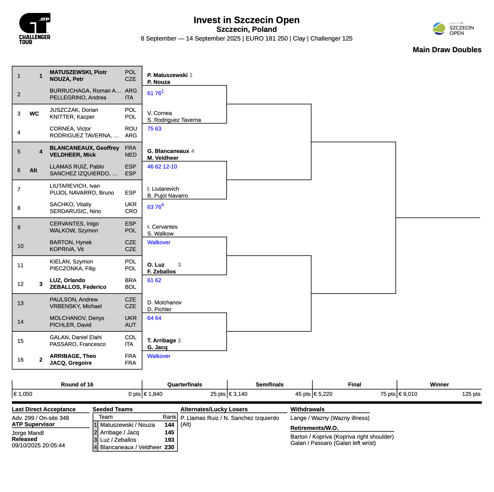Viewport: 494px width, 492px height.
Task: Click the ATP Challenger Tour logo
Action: (x=35, y=29)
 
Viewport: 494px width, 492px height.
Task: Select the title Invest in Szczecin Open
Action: (x=246, y=20)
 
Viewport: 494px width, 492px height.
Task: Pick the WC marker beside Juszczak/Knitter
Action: (x=34, y=114)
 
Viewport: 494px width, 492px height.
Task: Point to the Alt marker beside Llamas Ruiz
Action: (x=33, y=170)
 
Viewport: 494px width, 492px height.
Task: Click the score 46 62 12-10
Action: (x=162, y=167)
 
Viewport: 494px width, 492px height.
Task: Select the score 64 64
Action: (x=154, y=318)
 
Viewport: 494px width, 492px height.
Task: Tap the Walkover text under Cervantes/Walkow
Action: (x=159, y=242)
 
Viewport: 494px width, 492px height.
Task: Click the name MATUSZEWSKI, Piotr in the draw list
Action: (x=78, y=72)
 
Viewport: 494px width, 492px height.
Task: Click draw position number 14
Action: (x=20, y=322)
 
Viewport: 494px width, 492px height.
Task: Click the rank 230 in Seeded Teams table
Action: (x=169, y=447)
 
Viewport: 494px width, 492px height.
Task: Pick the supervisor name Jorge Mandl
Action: (x=28, y=433)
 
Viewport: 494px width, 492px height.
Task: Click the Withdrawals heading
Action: (x=307, y=409)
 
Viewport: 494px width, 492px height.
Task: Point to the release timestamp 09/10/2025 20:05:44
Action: (x=38, y=446)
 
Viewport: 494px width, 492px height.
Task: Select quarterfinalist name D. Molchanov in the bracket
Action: (x=164, y=303)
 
